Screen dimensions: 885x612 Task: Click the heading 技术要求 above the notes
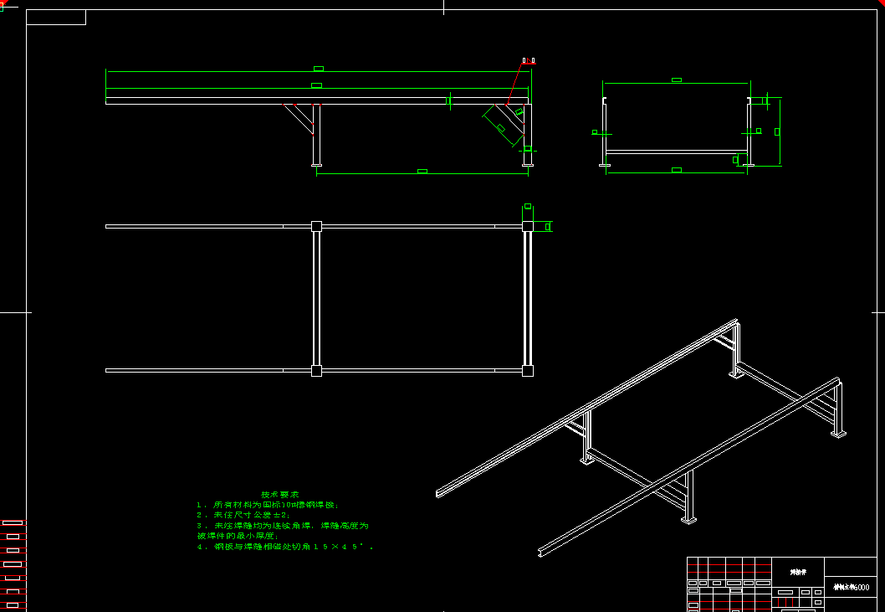[280, 495]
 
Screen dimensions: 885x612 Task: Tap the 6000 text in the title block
[862, 588]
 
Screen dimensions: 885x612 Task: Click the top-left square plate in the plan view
[316, 226]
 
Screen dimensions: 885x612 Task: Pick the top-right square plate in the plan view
[528, 226]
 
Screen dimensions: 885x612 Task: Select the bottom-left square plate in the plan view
[316, 370]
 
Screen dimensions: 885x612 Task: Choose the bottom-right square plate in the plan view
[528, 370]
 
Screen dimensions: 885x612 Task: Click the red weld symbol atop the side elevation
[528, 61]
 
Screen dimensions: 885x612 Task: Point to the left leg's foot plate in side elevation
[316, 165]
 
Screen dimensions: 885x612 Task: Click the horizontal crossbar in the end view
[676, 152]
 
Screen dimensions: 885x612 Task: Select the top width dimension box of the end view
[677, 80]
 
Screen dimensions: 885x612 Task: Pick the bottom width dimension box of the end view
[677, 170]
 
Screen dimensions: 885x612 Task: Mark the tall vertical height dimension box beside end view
[777, 131]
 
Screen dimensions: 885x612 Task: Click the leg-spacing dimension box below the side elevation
[422, 171]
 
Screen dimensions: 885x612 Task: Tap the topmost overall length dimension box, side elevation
[319, 69]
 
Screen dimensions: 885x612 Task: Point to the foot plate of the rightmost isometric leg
[838, 434]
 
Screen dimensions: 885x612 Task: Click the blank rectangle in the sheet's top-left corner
[56, 18]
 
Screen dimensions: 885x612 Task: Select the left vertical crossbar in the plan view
[316, 298]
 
